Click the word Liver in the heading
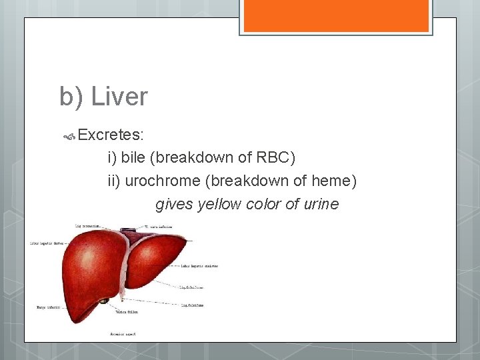click(x=119, y=97)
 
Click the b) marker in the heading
click(x=71, y=97)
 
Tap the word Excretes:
click(x=111, y=135)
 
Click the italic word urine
click(x=321, y=204)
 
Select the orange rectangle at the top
click(x=336, y=16)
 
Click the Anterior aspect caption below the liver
click(x=123, y=333)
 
